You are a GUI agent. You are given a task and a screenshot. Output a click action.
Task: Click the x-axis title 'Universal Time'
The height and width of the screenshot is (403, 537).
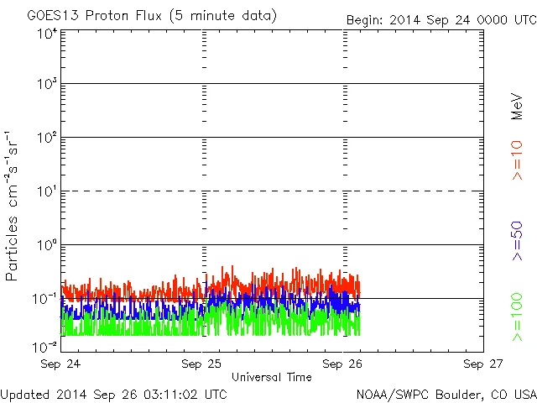[x=272, y=377]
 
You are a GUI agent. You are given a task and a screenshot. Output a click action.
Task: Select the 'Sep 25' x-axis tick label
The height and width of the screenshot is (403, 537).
[x=203, y=364]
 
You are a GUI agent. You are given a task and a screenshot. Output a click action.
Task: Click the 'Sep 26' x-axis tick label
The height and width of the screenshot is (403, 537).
[x=344, y=364]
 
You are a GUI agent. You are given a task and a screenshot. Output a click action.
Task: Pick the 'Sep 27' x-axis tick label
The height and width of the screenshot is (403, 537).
[x=484, y=364]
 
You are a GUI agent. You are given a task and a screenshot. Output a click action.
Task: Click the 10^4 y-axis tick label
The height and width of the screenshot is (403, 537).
[x=46, y=33]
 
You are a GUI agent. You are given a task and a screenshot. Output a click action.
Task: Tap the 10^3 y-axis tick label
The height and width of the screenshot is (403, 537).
[x=46, y=85]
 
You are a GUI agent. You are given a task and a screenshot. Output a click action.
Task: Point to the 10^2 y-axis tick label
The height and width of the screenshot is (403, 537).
[x=46, y=139]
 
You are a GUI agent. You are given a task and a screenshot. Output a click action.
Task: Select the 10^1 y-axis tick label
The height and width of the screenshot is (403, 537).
[x=46, y=192]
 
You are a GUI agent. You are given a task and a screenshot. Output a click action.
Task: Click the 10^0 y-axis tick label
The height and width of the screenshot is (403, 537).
[x=46, y=246]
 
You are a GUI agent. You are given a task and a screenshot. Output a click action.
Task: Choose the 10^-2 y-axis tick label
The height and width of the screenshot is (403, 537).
[x=45, y=346]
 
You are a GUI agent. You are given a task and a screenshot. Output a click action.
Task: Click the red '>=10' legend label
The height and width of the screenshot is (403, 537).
[x=517, y=160]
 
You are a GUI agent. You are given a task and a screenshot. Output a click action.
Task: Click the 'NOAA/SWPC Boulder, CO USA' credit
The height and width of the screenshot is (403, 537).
[x=446, y=393]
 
